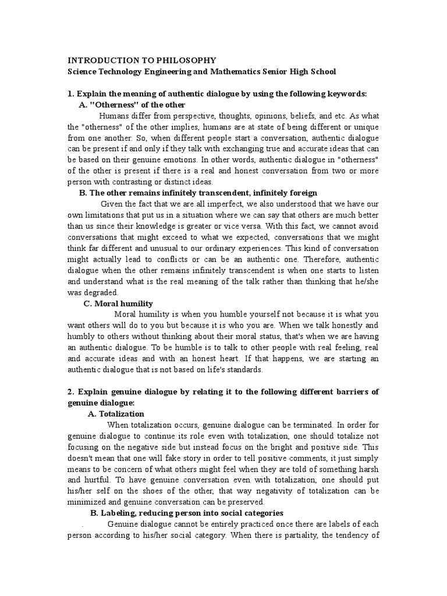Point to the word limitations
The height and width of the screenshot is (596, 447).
103,215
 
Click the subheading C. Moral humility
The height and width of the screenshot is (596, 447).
118,303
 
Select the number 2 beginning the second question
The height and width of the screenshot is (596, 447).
70,392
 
